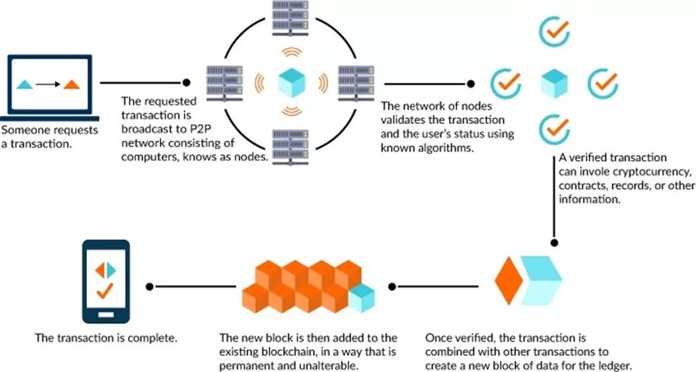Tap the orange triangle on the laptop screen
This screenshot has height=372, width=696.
point(72,84)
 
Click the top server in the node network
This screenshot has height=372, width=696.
point(290,13)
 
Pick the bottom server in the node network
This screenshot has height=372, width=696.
point(290,145)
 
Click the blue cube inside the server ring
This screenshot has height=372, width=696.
point(290,82)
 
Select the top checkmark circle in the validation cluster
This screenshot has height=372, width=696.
point(553,31)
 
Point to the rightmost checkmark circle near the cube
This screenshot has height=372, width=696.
point(602,82)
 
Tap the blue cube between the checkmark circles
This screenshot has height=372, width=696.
point(554,82)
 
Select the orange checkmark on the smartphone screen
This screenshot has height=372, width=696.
point(104,290)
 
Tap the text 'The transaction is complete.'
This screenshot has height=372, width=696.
point(105,337)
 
